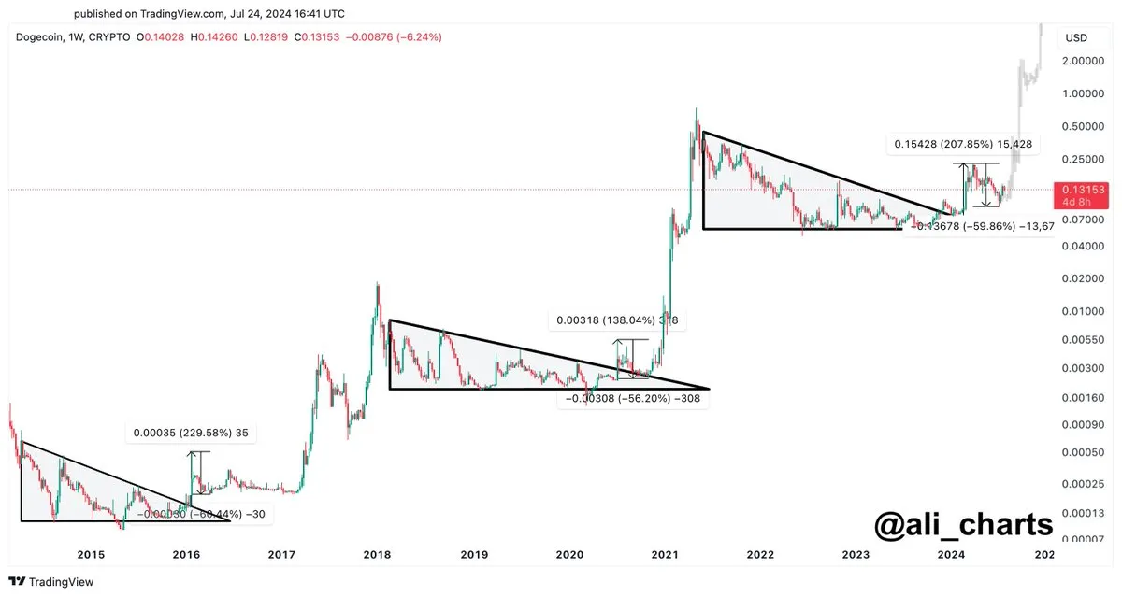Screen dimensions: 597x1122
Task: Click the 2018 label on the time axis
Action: point(377,554)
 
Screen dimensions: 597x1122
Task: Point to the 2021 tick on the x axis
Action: point(665,554)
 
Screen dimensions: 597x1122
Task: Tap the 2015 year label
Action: point(91,554)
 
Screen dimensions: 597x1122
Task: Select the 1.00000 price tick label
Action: point(1083,93)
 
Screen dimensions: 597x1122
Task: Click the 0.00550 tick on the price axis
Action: point(1083,339)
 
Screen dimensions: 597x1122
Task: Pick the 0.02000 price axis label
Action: point(1083,278)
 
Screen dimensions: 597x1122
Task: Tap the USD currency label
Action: point(1075,38)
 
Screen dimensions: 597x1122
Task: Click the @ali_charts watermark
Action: point(963,524)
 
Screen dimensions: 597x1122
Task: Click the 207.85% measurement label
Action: point(963,145)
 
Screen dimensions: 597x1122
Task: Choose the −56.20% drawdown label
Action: point(634,398)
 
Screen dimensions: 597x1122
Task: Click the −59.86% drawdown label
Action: point(982,225)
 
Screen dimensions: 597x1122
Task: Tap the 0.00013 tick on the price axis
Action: point(1083,512)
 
